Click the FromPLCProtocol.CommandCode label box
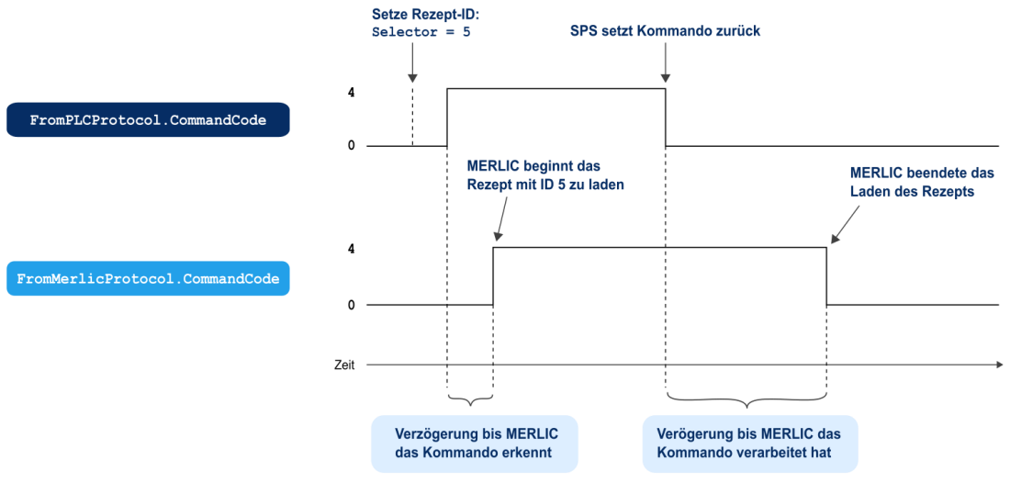148,120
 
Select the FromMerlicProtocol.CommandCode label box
148,278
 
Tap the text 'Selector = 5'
421,32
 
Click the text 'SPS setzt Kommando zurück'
666,31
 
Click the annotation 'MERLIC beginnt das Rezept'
533,167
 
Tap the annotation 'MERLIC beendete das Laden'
922,172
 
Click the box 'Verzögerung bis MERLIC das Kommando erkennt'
475,444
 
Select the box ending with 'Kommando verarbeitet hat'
749,444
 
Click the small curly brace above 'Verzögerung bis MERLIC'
470,399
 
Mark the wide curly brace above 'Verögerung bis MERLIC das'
746,399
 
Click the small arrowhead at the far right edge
1000,365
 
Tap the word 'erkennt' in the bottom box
531,454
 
